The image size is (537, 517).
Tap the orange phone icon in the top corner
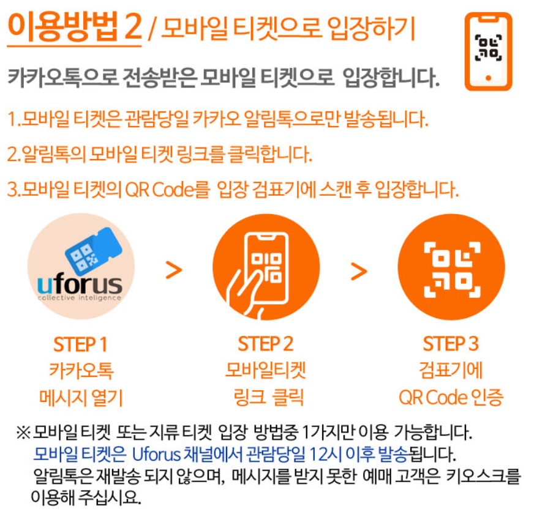click(x=487, y=51)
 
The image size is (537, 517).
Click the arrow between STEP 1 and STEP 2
click(x=175, y=269)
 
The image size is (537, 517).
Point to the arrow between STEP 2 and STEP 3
click(x=359, y=269)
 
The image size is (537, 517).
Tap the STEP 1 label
click(x=80, y=344)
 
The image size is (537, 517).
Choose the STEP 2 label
click(x=266, y=344)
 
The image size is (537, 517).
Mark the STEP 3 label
click(x=451, y=344)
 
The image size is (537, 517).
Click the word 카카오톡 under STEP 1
click(x=80, y=371)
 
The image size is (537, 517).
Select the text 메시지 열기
click(x=80, y=398)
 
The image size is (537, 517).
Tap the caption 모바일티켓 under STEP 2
click(x=266, y=371)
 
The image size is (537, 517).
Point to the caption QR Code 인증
click(x=451, y=398)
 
